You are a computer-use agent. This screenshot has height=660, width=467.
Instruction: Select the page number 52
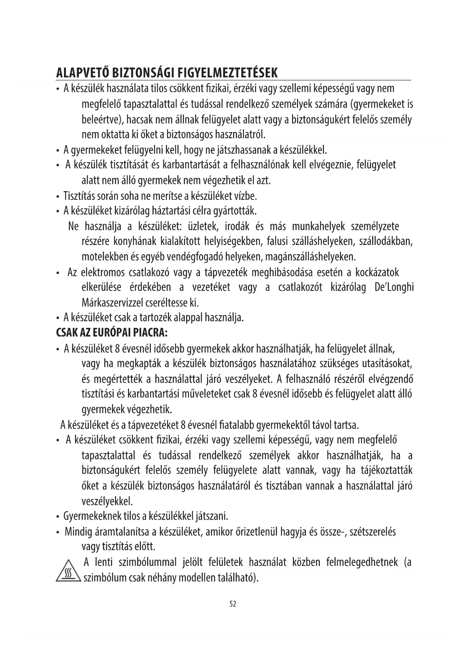coord(233,604)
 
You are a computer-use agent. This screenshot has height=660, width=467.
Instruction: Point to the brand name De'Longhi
coord(394,287)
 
